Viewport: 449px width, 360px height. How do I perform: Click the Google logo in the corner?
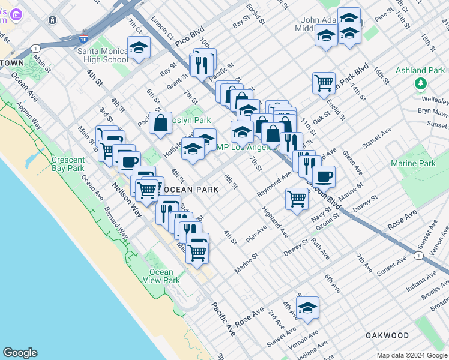pos(20,353)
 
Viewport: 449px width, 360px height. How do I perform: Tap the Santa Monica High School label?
pos(102,55)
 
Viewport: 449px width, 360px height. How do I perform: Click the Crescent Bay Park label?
pos(76,164)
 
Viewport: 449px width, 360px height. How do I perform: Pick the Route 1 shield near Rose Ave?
pos(417,257)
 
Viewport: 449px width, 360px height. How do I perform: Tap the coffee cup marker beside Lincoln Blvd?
pos(324,176)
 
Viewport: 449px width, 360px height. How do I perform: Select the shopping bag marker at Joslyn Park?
pos(161,123)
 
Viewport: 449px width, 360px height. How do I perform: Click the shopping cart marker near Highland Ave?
pos(297,199)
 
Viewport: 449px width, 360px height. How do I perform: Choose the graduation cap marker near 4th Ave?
pos(308,308)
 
